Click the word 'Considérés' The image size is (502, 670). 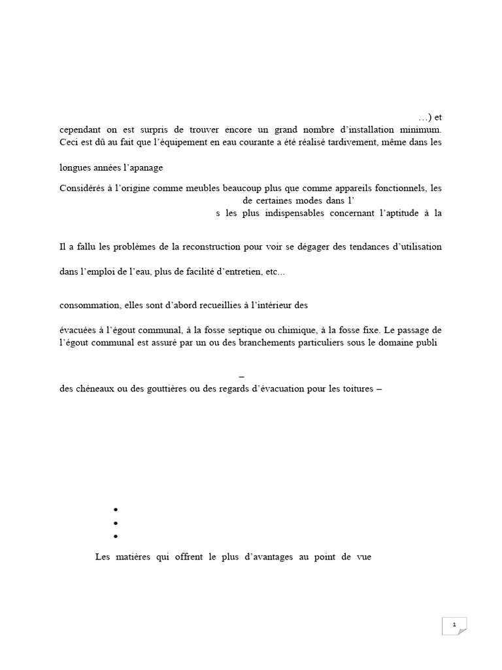[x=82, y=188]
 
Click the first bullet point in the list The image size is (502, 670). [x=115, y=510]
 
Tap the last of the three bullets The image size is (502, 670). [x=115, y=537]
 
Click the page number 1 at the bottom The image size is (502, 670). [x=454, y=625]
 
